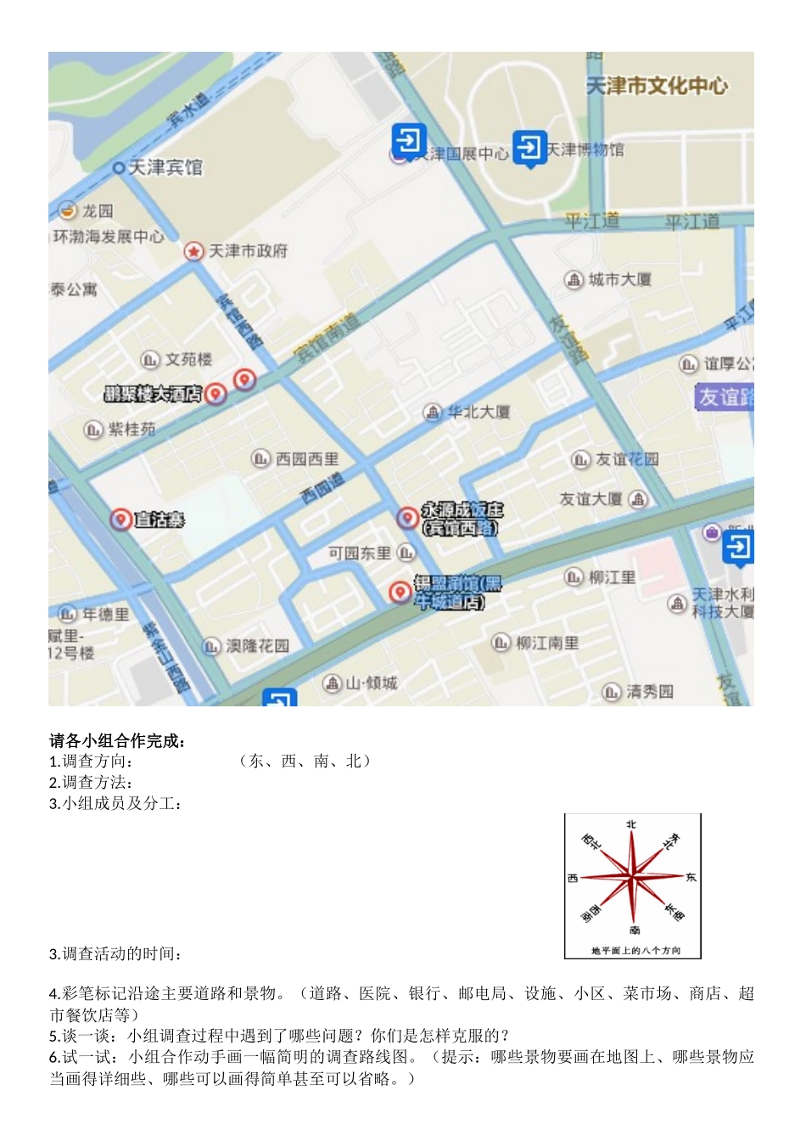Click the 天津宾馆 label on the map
(165, 167)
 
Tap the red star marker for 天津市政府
(194, 251)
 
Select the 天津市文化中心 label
(657, 86)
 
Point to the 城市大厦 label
(620, 279)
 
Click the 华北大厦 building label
(479, 412)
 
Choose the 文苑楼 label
(188, 360)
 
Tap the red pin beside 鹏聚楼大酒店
(216, 393)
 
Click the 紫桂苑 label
(132, 430)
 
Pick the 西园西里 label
(306, 459)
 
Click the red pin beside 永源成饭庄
(407, 517)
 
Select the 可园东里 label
(360, 554)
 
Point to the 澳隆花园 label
(257, 646)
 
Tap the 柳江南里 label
(547, 643)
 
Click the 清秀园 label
(650, 692)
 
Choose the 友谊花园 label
(627, 459)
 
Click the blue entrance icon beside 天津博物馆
(529, 148)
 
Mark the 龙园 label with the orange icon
(97, 211)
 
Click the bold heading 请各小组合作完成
(117, 740)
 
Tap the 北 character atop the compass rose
(631, 824)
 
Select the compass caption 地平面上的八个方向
(635, 951)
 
